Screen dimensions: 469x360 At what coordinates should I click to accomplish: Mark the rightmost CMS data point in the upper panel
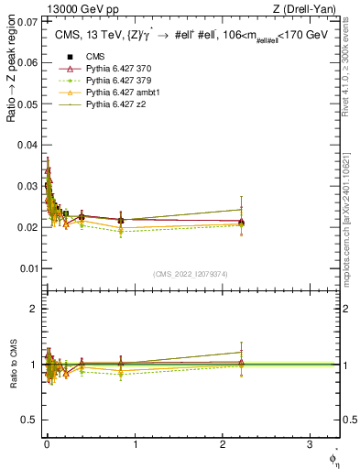tap(241, 222)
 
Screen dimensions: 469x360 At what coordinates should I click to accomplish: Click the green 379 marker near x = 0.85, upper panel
tap(121, 232)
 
